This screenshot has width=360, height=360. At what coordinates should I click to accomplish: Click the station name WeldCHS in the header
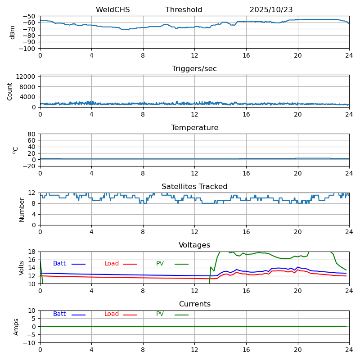pyautogui.click(x=112, y=10)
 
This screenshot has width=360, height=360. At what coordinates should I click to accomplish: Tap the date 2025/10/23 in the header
pyautogui.click(x=271, y=10)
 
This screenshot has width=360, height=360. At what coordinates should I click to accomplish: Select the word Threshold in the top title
pyautogui.click(x=184, y=10)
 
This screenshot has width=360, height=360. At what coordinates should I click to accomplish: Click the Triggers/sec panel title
pyautogui.click(x=194, y=69)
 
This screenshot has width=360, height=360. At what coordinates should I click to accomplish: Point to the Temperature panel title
pyautogui.click(x=194, y=128)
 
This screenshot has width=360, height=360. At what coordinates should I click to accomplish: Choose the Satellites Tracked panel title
pyautogui.click(x=194, y=187)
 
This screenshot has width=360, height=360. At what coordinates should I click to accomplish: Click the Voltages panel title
pyautogui.click(x=194, y=245)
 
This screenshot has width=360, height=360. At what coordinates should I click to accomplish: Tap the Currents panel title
pyautogui.click(x=194, y=304)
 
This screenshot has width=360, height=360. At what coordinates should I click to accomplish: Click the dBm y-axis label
pyautogui.click(x=13, y=32)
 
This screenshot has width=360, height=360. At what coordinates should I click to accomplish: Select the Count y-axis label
pyautogui.click(x=10, y=91)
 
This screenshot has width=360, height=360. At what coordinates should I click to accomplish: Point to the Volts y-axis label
pyautogui.click(x=22, y=268)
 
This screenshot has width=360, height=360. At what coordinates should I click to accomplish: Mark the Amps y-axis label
pyautogui.click(x=17, y=327)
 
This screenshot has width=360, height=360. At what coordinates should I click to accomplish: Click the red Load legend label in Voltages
pyautogui.click(x=112, y=264)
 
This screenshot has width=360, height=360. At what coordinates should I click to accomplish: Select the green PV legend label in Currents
pyautogui.click(x=160, y=314)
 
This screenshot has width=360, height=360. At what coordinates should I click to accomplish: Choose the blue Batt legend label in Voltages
pyautogui.click(x=59, y=264)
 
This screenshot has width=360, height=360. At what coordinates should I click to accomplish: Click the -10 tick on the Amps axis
pyautogui.click(x=30, y=343)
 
